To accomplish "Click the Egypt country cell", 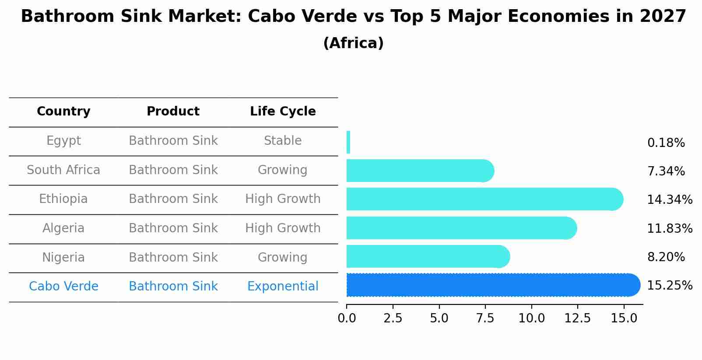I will click(63, 141).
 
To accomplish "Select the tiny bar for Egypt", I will click(348, 142).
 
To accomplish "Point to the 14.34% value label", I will click(669, 200).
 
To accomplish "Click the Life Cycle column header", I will click(283, 112).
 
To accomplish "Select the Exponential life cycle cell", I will click(283, 287).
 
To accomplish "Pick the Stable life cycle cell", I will click(283, 141).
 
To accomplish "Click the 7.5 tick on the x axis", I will click(485, 318).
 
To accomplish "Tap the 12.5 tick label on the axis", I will click(577, 318).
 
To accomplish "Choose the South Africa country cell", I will click(63, 170).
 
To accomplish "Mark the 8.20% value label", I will click(666, 257).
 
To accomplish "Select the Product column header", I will click(173, 112).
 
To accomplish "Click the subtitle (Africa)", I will click(353, 43).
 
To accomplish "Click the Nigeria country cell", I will click(63, 258).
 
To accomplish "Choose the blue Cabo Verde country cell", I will click(63, 287).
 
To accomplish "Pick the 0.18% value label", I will click(666, 143).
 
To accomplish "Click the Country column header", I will click(63, 112).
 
